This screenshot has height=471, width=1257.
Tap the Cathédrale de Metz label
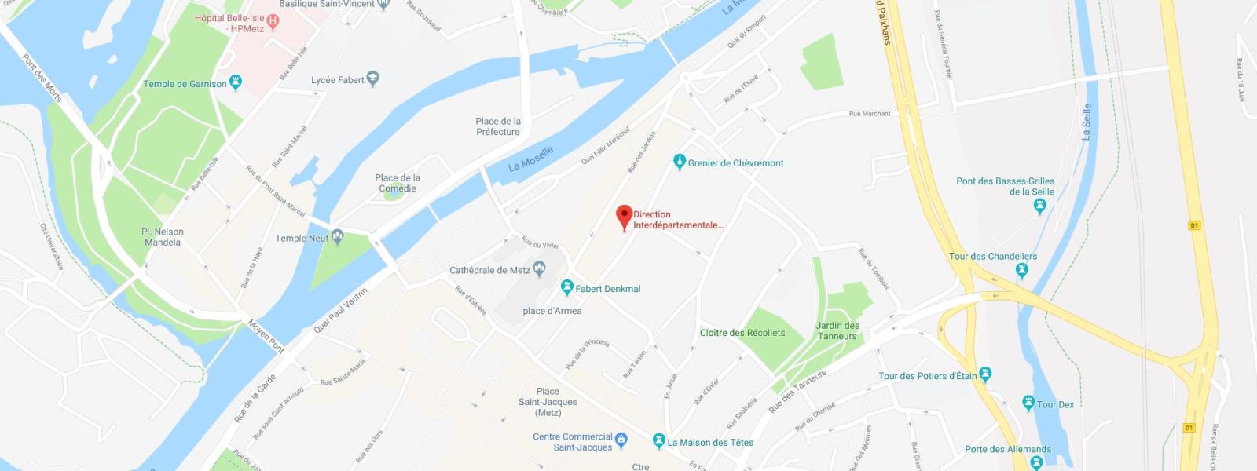click(489, 271)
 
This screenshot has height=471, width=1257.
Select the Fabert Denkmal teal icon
click(566, 288)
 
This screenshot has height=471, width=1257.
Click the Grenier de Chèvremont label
click(735, 163)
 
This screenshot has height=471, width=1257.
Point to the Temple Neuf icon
click(338, 237)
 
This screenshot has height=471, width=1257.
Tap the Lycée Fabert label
click(338, 80)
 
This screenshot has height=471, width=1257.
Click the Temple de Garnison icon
click(236, 83)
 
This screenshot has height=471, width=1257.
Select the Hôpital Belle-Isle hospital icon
click(273, 22)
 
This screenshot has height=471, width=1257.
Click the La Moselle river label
click(530, 159)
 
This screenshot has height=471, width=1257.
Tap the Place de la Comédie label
click(398, 183)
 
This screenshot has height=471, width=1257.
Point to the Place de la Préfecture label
click(498, 126)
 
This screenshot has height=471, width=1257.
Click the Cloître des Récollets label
click(742, 333)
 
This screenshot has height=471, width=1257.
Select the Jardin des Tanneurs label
click(837, 330)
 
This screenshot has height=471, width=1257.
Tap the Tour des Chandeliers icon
click(1021, 272)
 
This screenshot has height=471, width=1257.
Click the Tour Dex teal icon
click(1028, 403)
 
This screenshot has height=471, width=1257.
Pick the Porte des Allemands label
click(1008, 450)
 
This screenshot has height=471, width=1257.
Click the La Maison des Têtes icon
click(659, 442)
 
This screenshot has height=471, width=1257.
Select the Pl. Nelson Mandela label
click(163, 237)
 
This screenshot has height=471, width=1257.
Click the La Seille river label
click(1087, 122)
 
